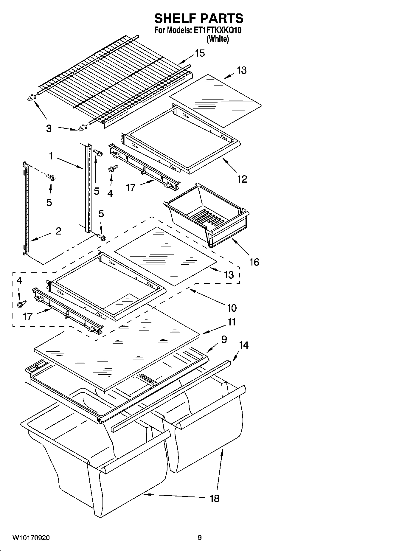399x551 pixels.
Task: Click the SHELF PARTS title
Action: [x=199, y=18]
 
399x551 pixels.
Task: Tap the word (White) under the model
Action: [x=218, y=39]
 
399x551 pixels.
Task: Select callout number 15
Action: [x=200, y=53]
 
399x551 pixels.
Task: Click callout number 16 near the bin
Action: [x=254, y=262]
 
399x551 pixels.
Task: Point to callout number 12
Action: [x=242, y=179]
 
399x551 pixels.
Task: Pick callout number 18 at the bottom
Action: [x=214, y=498]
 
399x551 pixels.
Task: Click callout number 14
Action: [x=243, y=345]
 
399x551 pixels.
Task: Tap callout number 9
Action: [x=224, y=339]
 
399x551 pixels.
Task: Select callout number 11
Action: [x=232, y=322]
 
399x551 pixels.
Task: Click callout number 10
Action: [x=232, y=308]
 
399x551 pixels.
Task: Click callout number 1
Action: [x=51, y=156]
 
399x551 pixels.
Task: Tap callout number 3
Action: [x=49, y=128]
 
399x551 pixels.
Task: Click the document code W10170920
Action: [x=31, y=538]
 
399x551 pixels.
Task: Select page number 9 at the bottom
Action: [x=199, y=538]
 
